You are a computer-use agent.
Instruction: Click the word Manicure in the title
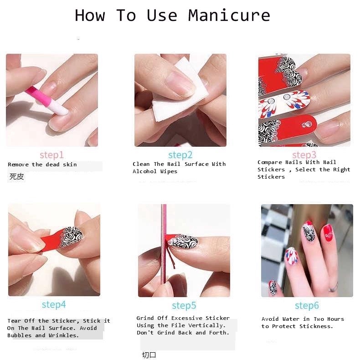229,15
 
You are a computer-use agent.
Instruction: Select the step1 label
51,155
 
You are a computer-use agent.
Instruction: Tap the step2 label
180,155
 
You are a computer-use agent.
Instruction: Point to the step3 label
304,155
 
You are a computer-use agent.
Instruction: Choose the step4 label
54,305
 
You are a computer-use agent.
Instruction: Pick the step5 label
184,306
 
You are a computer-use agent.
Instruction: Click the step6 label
307,306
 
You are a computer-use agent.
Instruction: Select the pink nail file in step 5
164,244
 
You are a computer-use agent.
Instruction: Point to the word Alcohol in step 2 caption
144,171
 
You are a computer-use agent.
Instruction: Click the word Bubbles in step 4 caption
19,335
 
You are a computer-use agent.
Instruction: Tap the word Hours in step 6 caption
335,319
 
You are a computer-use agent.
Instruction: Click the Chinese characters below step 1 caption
16,176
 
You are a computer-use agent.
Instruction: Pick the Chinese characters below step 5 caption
149,355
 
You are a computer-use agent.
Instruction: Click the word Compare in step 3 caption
270,162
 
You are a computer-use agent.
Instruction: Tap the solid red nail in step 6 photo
327,233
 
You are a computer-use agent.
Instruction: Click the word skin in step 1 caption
70,165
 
